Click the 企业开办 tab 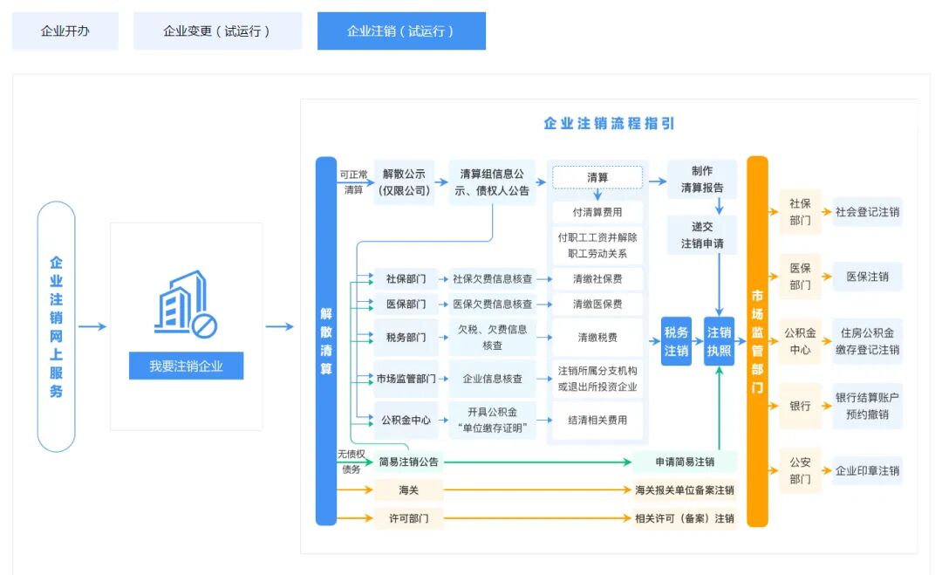[x=65, y=31]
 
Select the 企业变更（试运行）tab [x=217, y=31]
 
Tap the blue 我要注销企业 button [x=186, y=366]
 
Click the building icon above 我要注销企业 [x=185, y=304]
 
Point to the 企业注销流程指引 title [x=609, y=123]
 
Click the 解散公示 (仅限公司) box [x=403, y=182]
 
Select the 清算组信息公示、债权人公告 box [x=495, y=182]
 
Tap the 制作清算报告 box [x=702, y=179]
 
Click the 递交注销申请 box [x=702, y=236]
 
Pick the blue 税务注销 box [x=676, y=341]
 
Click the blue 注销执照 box [x=720, y=341]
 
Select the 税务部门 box [x=406, y=337]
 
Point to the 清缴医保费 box [x=597, y=305]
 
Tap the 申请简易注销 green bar [x=685, y=462]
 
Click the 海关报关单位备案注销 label [x=685, y=490]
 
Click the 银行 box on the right [x=800, y=406]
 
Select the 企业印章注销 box [x=867, y=471]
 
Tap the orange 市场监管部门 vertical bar [x=757, y=341]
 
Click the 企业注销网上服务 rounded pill [x=57, y=326]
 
